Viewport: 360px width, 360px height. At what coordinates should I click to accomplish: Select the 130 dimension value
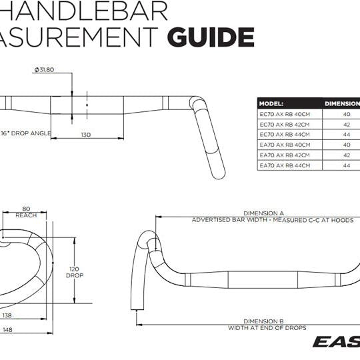(x=86, y=135)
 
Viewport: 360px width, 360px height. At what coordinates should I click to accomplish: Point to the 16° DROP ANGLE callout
(x=27, y=133)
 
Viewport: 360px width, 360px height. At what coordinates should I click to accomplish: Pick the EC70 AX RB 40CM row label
(x=285, y=114)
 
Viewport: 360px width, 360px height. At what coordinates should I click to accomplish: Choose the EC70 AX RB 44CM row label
(x=285, y=134)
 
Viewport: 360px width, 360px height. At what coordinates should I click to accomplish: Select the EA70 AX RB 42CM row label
(x=285, y=155)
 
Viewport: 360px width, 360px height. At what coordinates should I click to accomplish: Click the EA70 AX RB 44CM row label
(x=285, y=165)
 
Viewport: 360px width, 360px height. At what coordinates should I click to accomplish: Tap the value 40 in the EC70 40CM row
(x=347, y=114)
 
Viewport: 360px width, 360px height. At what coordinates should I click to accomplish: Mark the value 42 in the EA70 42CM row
(x=347, y=155)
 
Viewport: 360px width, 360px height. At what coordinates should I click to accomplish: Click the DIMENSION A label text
(x=264, y=213)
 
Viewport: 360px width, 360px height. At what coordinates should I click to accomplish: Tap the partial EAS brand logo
(x=337, y=343)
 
